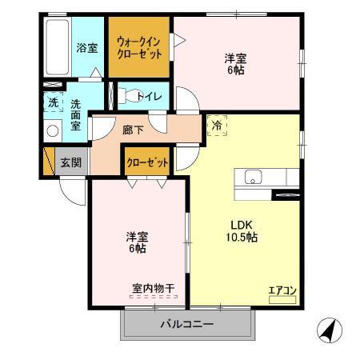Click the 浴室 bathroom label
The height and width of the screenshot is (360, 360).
87,47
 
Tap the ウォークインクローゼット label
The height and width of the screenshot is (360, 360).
140,46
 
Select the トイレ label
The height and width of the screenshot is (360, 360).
150,97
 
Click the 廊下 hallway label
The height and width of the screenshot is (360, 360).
133,129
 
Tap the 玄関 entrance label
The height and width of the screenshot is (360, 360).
70,162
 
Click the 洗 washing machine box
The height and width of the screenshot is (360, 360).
52,102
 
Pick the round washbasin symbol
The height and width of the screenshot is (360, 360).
53,131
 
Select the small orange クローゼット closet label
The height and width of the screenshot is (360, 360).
148,162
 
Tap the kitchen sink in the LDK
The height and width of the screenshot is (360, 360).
251,178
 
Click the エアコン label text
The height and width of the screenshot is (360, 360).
282,290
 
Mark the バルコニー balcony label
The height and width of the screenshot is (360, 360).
186,324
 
